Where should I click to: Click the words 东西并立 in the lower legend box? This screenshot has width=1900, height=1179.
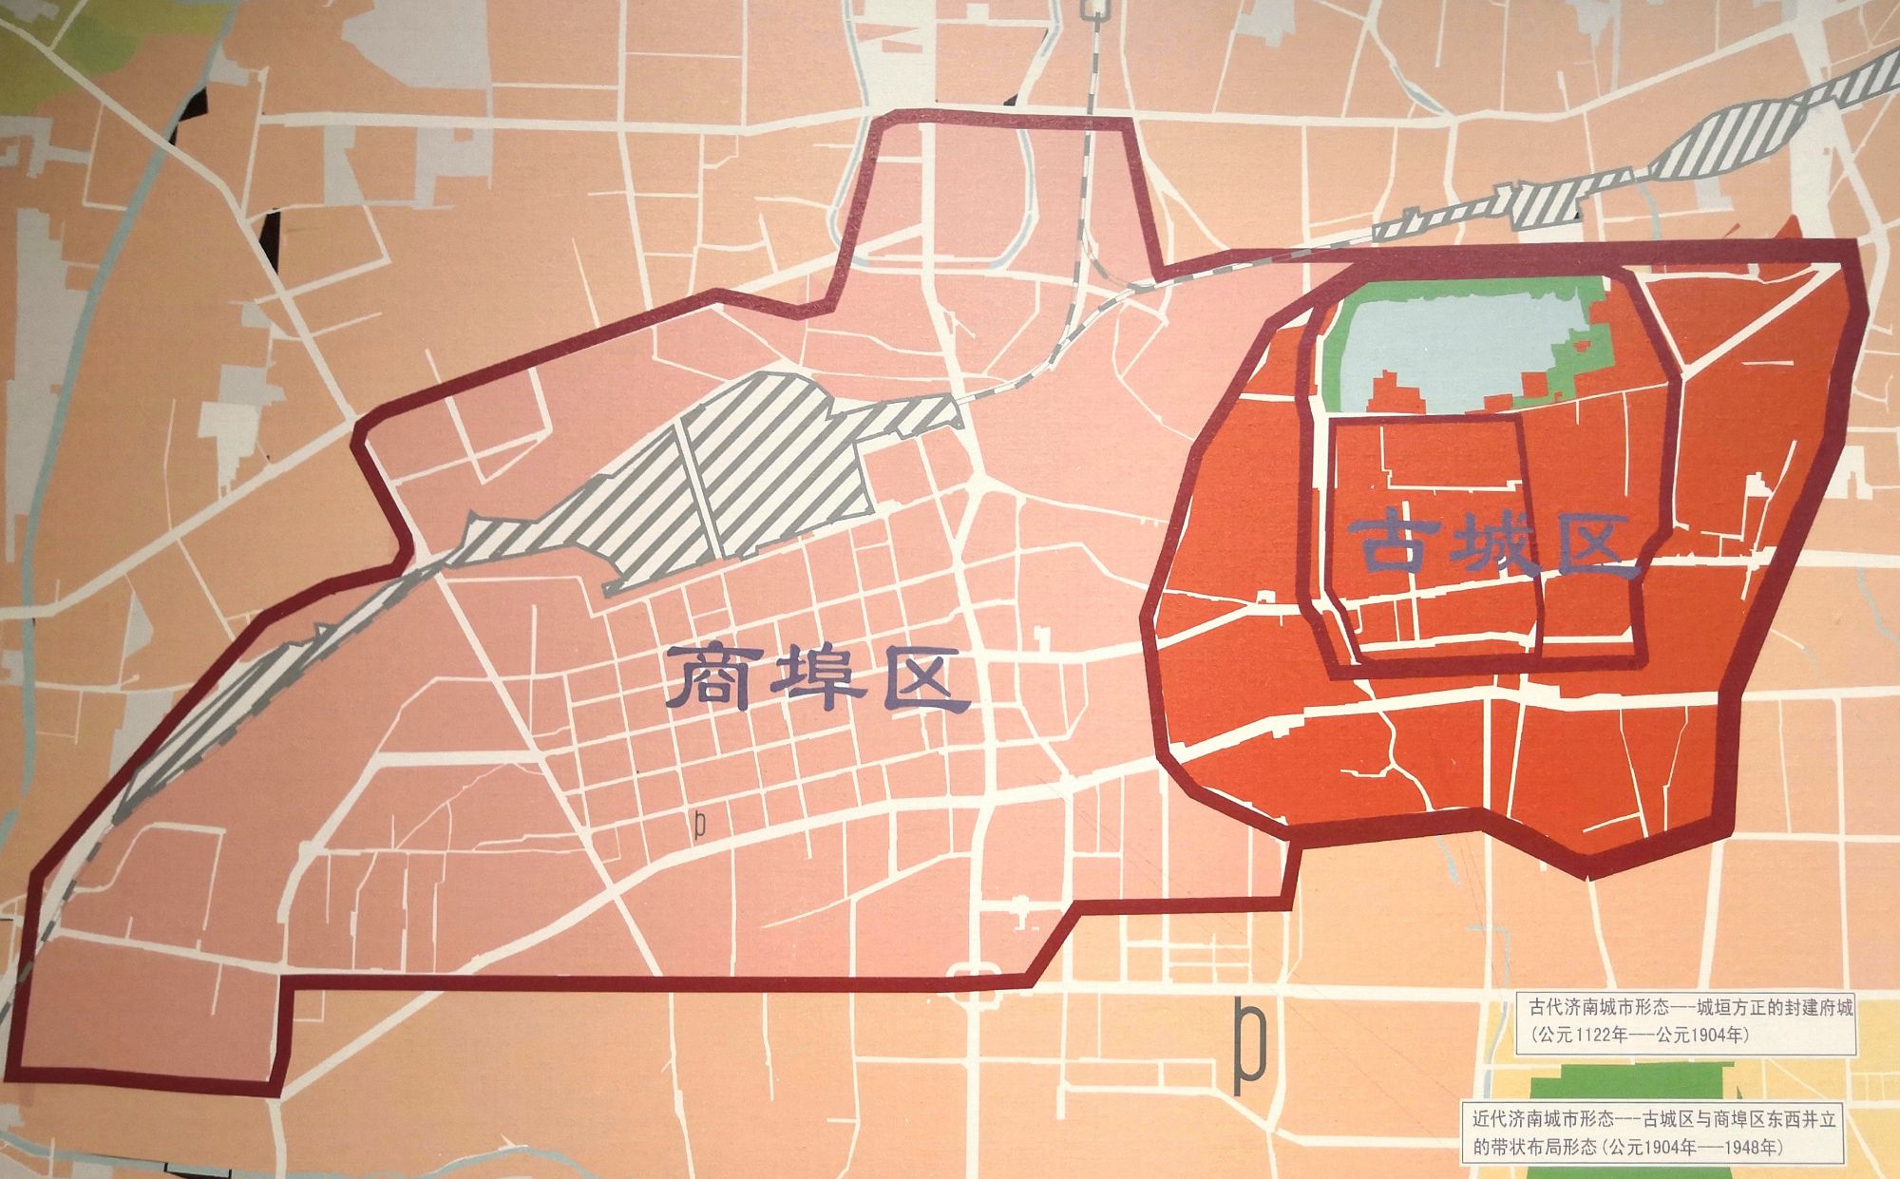[x=1801, y=1120]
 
